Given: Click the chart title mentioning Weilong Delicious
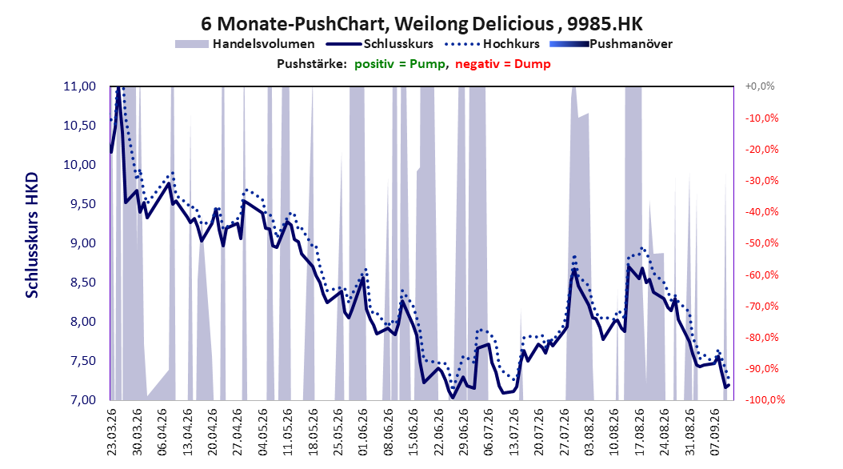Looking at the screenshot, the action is pyautogui.click(x=421, y=24).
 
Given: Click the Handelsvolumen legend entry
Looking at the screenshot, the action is pyautogui.click(x=245, y=44).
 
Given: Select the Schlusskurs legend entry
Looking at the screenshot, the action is pyautogui.click(x=380, y=44).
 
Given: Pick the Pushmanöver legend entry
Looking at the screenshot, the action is pyautogui.click(x=611, y=44).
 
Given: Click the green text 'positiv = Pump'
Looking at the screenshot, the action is pyautogui.click(x=400, y=64).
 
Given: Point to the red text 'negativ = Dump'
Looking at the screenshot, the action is pyautogui.click(x=503, y=64).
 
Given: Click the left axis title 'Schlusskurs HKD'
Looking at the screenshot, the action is pyautogui.click(x=32, y=235).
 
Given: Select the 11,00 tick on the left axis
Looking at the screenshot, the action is pyautogui.click(x=79, y=86).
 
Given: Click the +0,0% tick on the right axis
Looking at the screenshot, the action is pyautogui.click(x=760, y=86).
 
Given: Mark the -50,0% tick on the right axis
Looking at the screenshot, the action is pyautogui.click(x=761, y=243).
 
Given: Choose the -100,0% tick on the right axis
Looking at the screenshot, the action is pyautogui.click(x=765, y=400).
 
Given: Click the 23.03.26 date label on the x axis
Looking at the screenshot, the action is pyautogui.click(x=112, y=432).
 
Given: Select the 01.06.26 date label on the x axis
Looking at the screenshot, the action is pyautogui.click(x=363, y=432).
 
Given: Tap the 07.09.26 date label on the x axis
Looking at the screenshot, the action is pyautogui.click(x=714, y=432).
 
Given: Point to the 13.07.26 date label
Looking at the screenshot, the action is pyautogui.click(x=513, y=432).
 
